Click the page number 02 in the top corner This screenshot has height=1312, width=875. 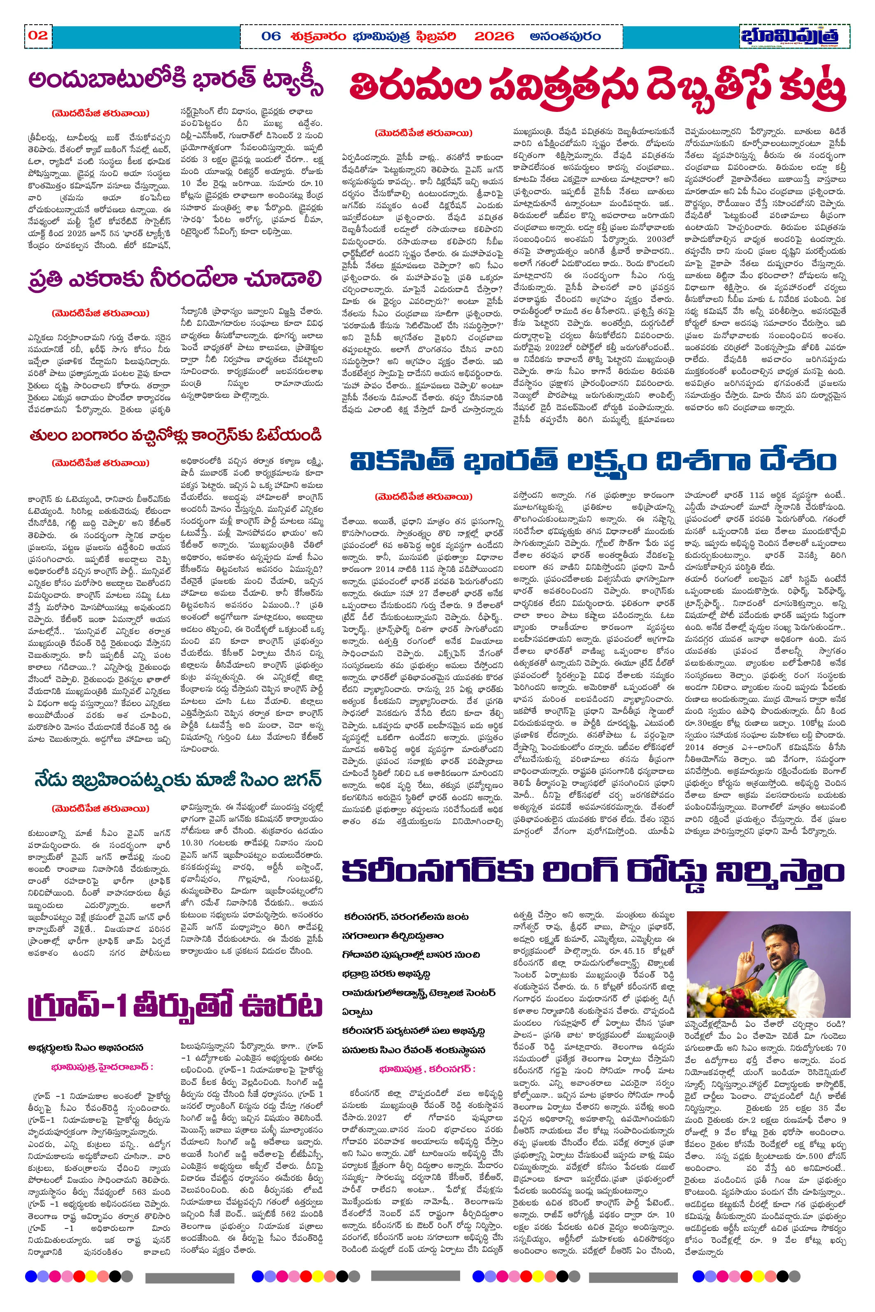pyautogui.click(x=38, y=36)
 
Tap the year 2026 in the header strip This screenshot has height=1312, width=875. pyautogui.click(x=494, y=36)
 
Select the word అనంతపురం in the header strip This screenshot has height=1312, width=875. pyautogui.click(x=565, y=36)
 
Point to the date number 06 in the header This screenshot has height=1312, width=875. pyautogui.click(x=271, y=36)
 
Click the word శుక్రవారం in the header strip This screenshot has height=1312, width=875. pyautogui.click(x=318, y=36)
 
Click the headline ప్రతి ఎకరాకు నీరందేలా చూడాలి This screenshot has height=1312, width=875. pyautogui.click(x=175, y=279)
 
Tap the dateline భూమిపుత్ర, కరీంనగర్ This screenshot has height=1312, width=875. pyautogui.click(x=427, y=1069)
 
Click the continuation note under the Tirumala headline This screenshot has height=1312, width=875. pyautogui.click(x=424, y=133)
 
